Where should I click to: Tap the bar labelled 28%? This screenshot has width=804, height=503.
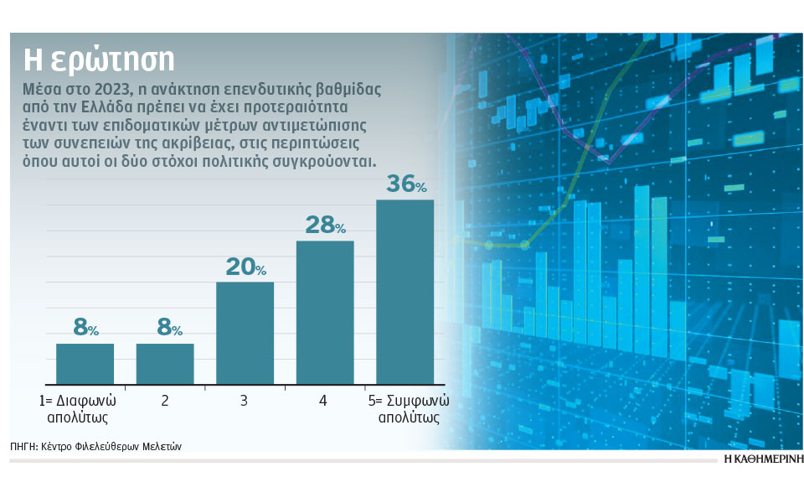325,312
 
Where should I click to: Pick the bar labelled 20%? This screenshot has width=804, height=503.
245,332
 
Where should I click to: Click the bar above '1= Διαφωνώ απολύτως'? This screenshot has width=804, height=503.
85,363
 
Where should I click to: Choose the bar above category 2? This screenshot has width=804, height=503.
165,363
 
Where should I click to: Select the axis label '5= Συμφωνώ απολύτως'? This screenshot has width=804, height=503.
406,409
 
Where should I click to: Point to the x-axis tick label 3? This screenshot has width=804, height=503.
244,402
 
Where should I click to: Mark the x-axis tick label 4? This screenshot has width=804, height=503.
323,402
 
